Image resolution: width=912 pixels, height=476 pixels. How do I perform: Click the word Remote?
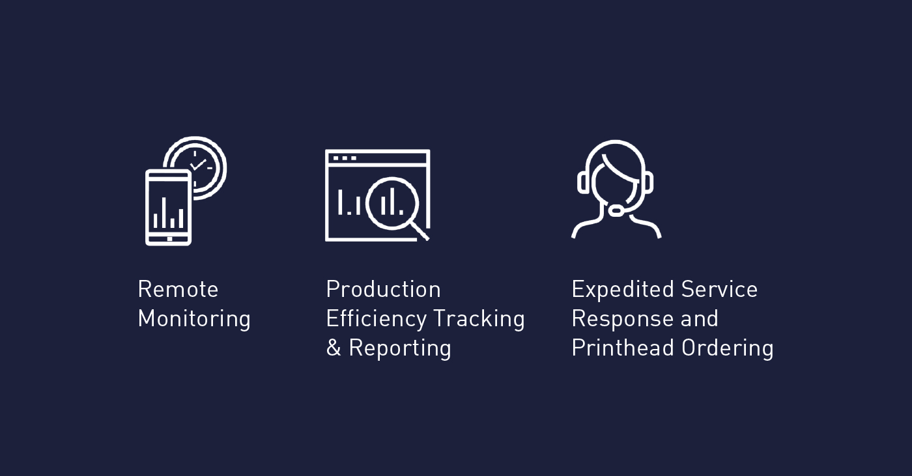178,289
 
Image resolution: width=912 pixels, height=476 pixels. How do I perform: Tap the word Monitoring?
194,318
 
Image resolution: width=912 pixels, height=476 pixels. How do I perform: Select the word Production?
383,289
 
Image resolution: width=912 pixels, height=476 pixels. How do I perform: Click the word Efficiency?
377,318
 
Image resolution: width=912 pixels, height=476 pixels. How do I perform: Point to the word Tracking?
479,318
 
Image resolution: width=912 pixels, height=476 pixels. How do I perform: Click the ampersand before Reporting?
334,348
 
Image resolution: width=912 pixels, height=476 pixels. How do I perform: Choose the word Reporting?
400,348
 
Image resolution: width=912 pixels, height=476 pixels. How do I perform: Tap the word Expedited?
623,289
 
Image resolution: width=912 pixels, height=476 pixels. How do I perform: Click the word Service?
719,289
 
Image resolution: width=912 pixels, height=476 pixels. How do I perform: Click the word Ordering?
728,348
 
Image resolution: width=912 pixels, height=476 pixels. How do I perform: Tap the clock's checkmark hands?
198,165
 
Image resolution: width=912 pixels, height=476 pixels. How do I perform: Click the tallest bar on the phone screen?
164,212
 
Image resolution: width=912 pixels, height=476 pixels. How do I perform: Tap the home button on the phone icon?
169,239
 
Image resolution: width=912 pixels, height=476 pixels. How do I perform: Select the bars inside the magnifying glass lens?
392,201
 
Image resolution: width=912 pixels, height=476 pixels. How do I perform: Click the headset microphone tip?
616,211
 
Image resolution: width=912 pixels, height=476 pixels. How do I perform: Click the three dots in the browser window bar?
345,158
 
